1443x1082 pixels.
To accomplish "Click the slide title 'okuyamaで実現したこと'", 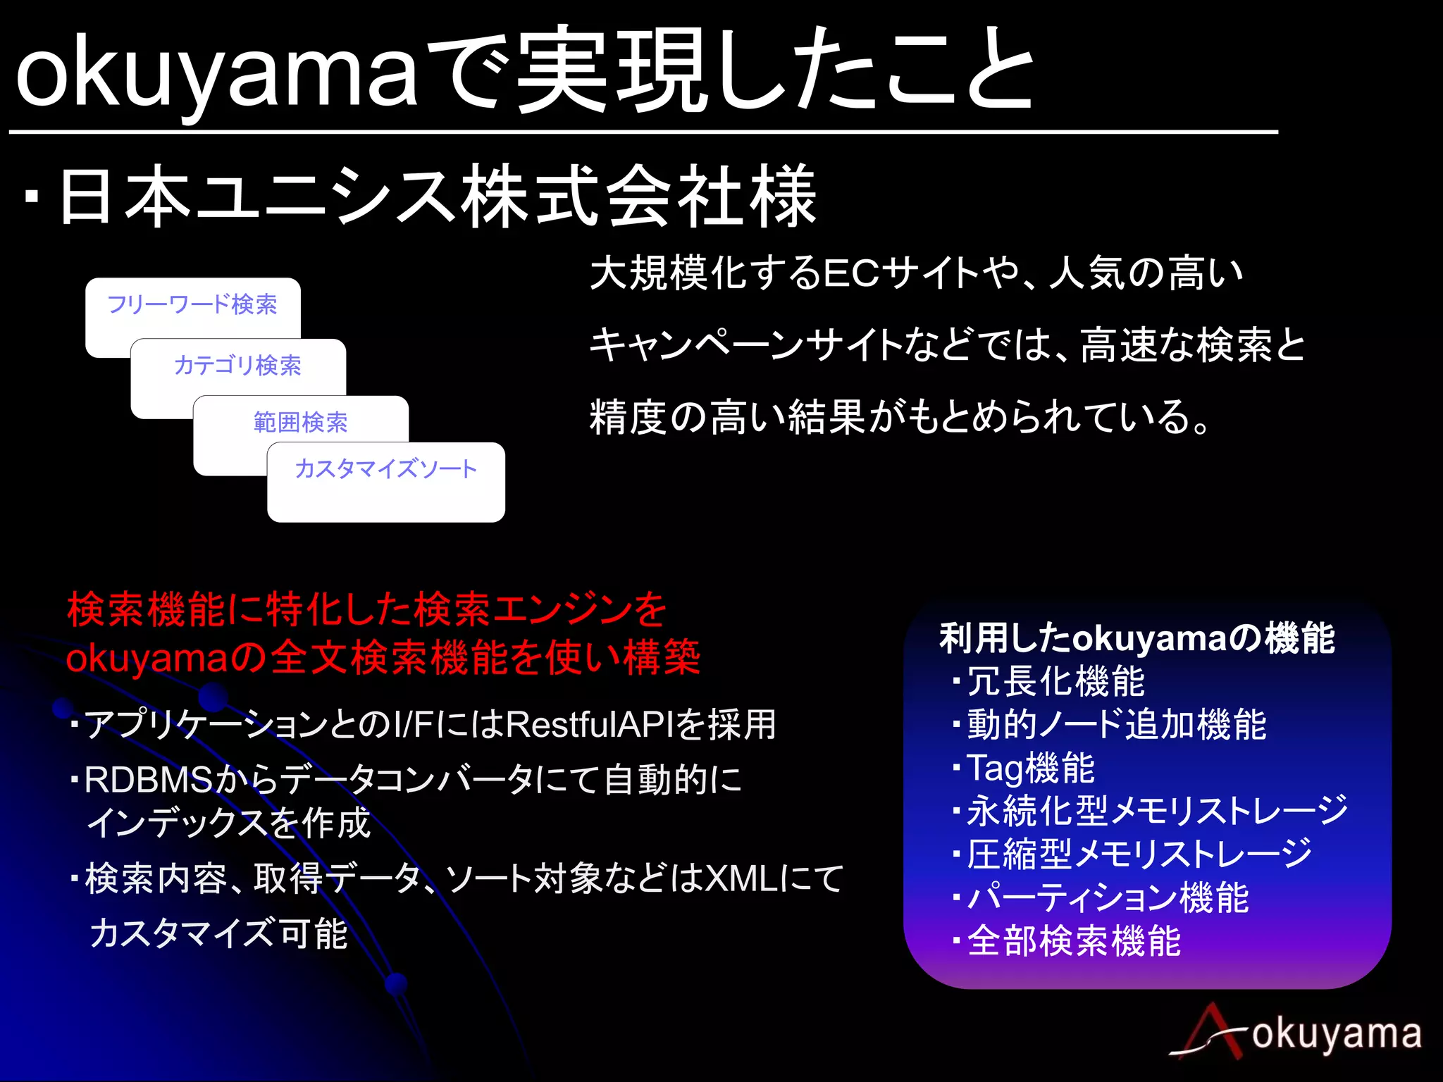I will (525, 70).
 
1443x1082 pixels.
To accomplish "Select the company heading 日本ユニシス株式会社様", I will (437, 197).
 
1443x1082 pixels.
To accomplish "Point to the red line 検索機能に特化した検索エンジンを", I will (366, 609).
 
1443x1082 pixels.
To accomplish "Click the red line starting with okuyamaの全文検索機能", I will (383, 657).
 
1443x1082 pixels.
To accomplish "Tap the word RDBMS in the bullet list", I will (148, 780).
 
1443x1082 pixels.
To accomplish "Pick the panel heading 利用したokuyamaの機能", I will (1137, 638).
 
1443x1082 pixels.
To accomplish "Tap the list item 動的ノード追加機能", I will (1116, 725).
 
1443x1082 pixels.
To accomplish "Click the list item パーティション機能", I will (1108, 898).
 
